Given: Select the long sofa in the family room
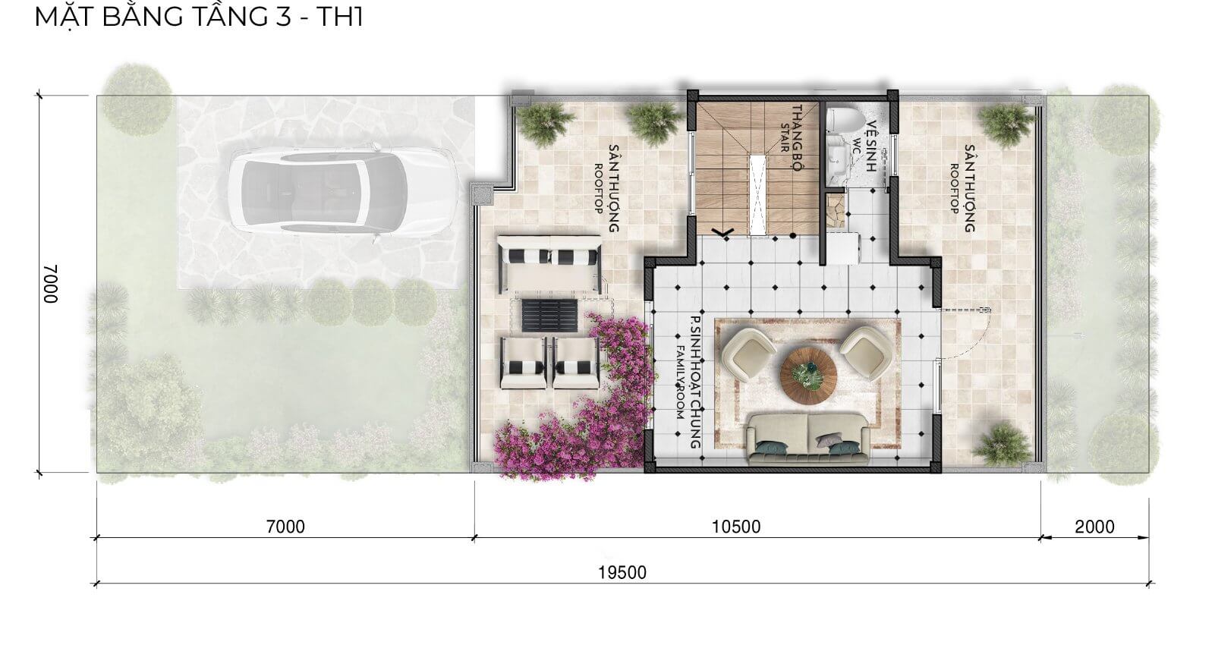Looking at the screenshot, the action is pos(808,439).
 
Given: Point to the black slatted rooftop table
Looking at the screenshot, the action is pos(549,315).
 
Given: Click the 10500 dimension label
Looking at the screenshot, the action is pos(736,527).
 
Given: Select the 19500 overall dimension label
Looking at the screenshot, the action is pos(622,573).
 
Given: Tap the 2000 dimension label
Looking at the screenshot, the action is pos(1094,527).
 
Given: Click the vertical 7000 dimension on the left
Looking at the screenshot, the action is pos(50,284).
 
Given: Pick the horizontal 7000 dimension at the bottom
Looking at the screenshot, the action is pos(286,527).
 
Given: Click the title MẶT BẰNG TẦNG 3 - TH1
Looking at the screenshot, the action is pos(199,16).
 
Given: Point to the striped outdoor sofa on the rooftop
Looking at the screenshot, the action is pos(549,264).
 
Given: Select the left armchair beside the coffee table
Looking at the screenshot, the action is pos(748,354).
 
